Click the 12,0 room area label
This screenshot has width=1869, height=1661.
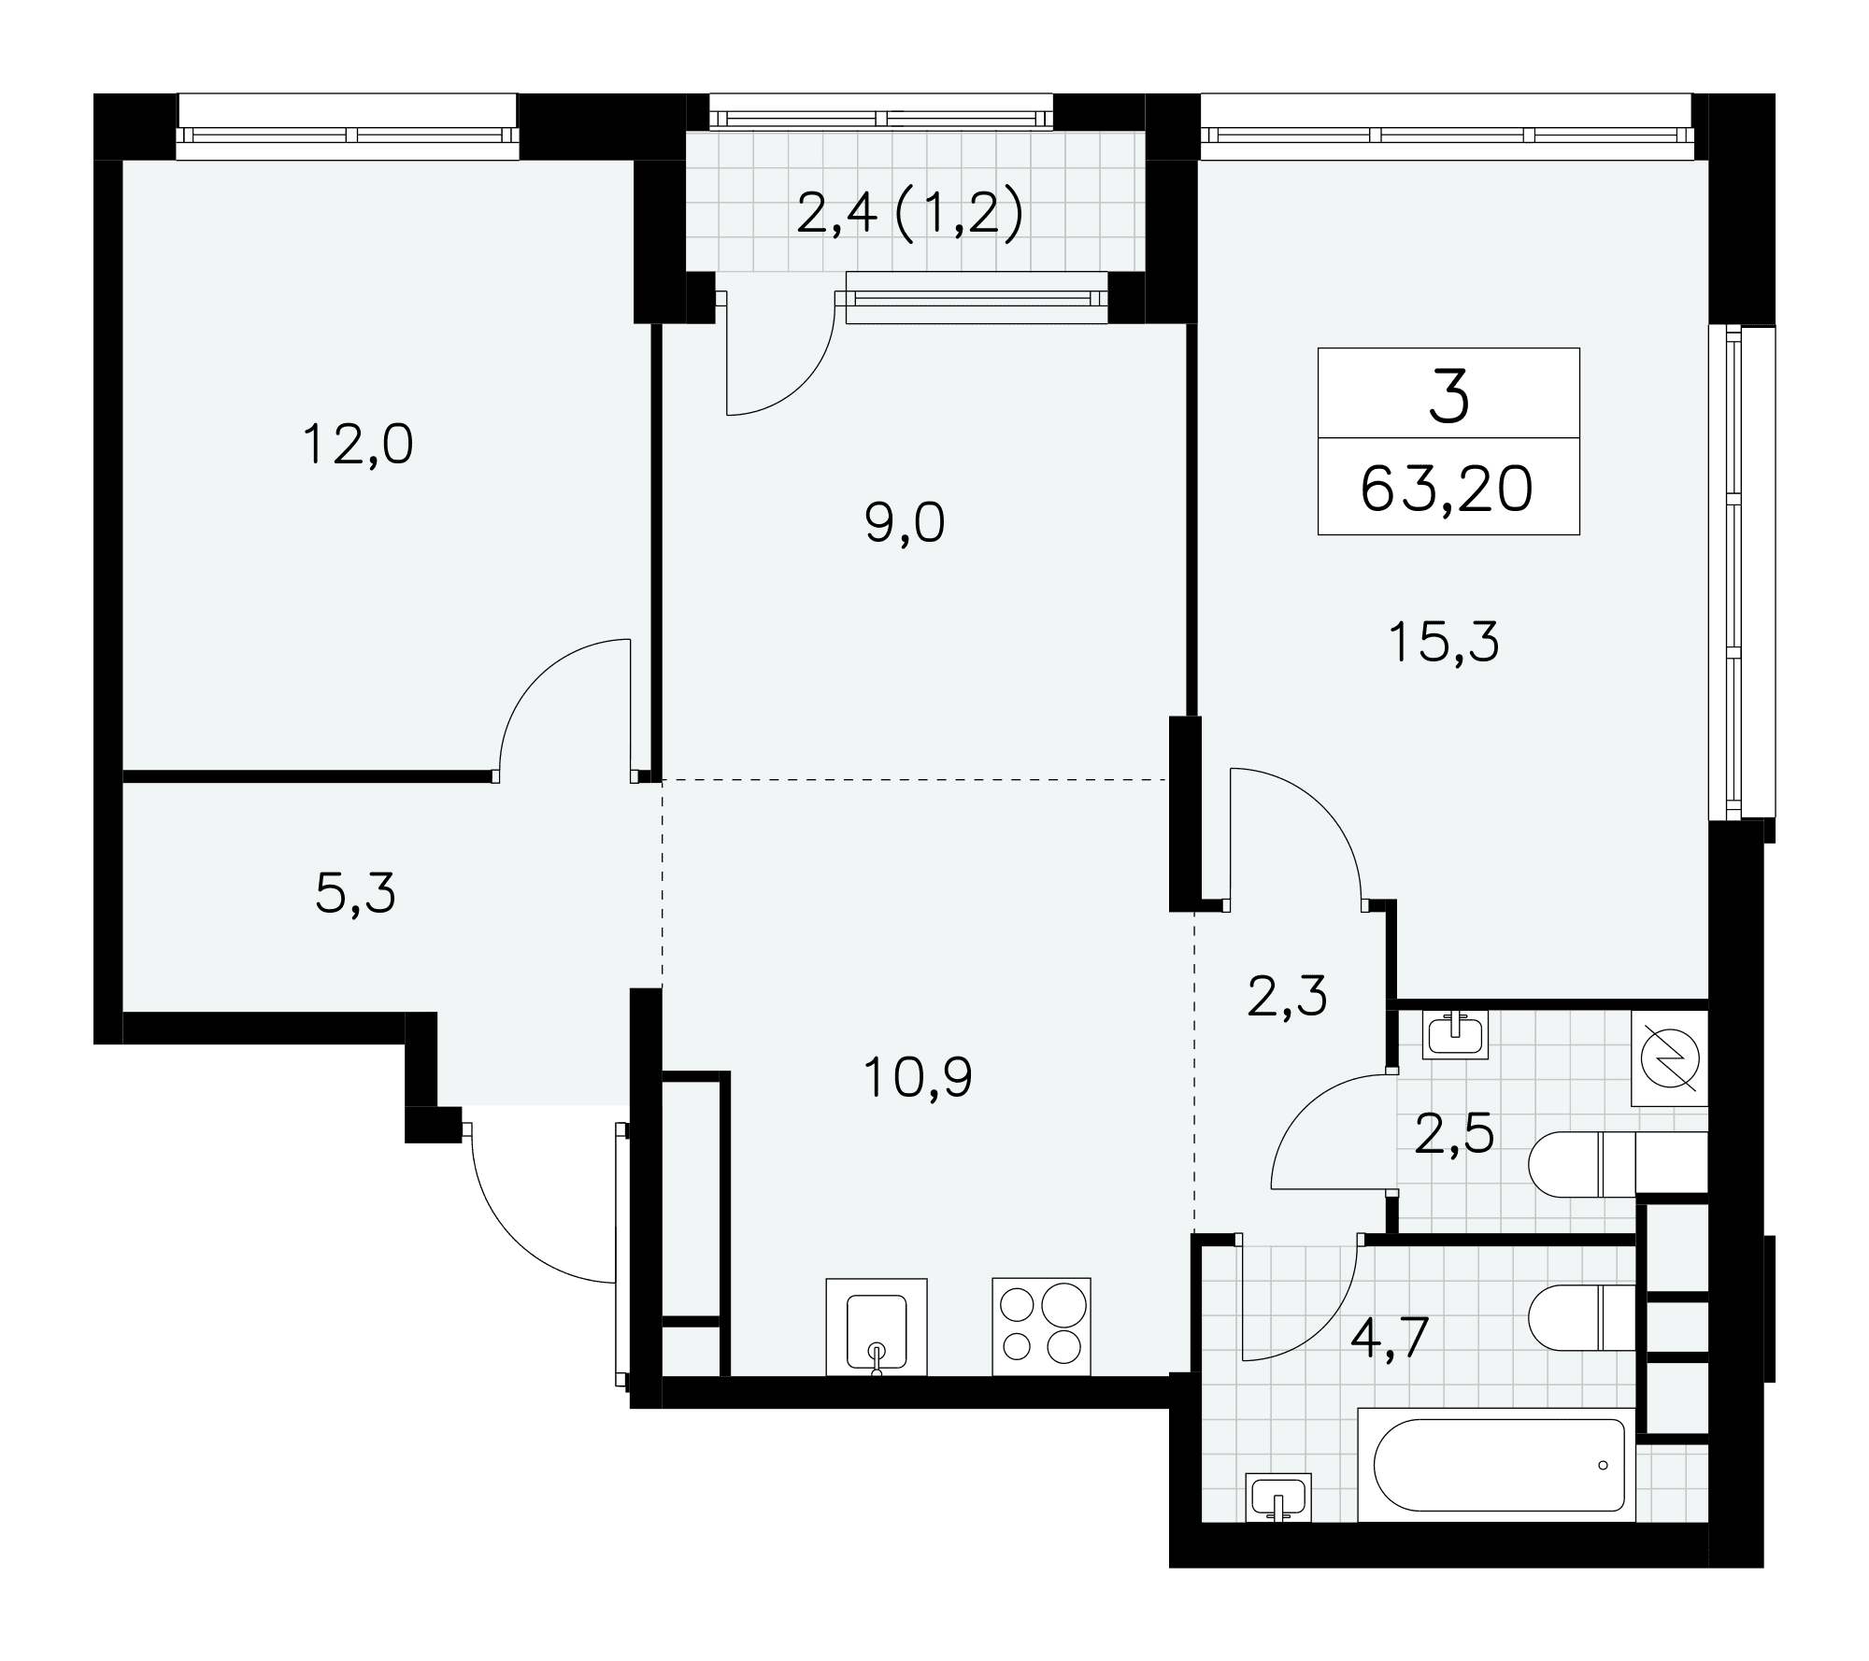(x=358, y=446)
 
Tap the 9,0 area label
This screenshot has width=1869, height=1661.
(x=905, y=523)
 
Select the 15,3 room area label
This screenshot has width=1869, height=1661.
(x=1444, y=643)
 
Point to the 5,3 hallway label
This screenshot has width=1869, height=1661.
(x=355, y=894)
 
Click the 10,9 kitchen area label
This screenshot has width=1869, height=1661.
(x=917, y=1077)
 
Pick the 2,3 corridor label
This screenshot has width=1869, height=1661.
(x=1287, y=997)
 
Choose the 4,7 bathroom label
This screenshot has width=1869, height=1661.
(x=1391, y=1339)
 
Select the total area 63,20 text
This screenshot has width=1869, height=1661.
(x=1447, y=490)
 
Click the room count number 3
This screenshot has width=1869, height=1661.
(x=1449, y=396)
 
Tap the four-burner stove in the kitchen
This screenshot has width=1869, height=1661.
(x=1041, y=1327)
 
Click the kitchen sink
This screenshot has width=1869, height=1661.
(x=877, y=1327)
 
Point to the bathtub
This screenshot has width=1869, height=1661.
(x=1496, y=1465)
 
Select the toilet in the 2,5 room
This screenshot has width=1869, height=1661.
(x=1618, y=1164)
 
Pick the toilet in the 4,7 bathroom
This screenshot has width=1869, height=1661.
(x=1582, y=1318)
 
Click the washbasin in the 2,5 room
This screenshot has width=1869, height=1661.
(x=1455, y=1035)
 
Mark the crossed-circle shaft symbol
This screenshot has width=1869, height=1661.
(x=1670, y=1058)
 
